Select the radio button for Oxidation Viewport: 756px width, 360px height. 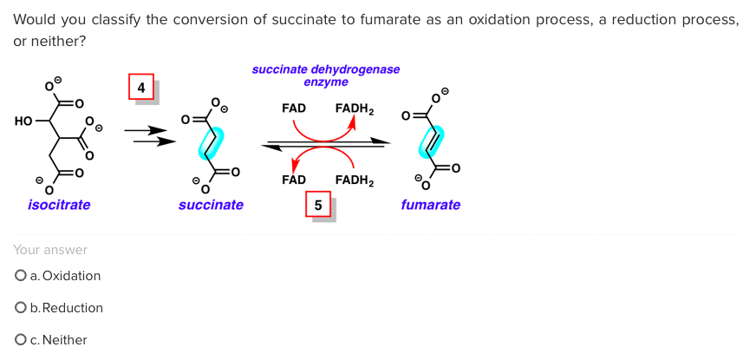click(x=20, y=276)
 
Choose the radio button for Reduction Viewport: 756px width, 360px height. click(x=20, y=308)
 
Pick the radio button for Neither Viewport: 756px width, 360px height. click(x=20, y=340)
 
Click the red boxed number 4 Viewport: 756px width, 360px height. click(x=140, y=87)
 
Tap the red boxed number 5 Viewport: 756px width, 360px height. click(x=318, y=206)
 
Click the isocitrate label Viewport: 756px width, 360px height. click(x=59, y=205)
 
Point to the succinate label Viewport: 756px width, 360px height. click(x=211, y=205)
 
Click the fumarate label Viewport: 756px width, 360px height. click(x=430, y=205)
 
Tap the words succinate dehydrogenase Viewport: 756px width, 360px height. click(x=326, y=69)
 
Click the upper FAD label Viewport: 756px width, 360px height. click(x=294, y=108)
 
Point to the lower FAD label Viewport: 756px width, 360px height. click(x=294, y=180)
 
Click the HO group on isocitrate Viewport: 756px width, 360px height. click(x=23, y=121)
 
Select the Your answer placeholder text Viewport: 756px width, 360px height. click(x=50, y=250)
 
